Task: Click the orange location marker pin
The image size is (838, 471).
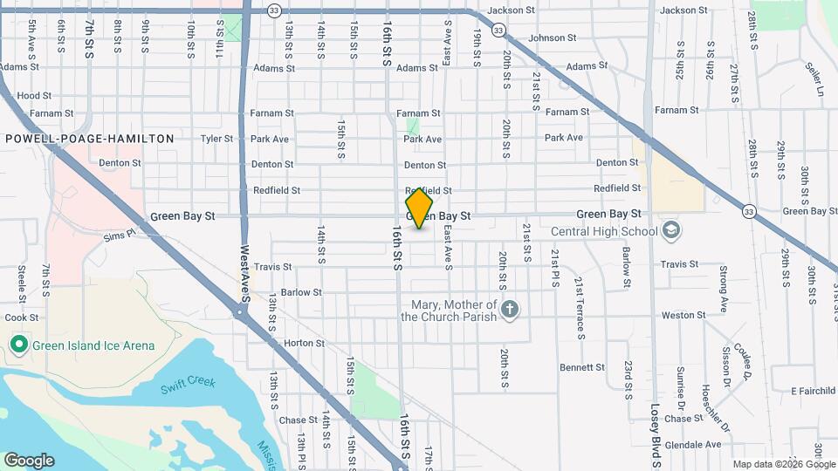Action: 419,208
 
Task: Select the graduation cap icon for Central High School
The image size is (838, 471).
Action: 672,231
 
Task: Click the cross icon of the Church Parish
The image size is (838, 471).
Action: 511,309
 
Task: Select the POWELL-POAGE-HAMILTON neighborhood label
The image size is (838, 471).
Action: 89,139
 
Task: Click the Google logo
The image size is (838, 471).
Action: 29,461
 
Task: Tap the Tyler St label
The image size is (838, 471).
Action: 217,139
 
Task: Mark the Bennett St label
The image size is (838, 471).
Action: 582,367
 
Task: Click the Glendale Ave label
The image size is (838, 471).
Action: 692,444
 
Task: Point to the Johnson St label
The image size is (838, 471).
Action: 553,38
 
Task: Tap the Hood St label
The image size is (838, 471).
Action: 34,96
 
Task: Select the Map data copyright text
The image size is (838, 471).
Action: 783,464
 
